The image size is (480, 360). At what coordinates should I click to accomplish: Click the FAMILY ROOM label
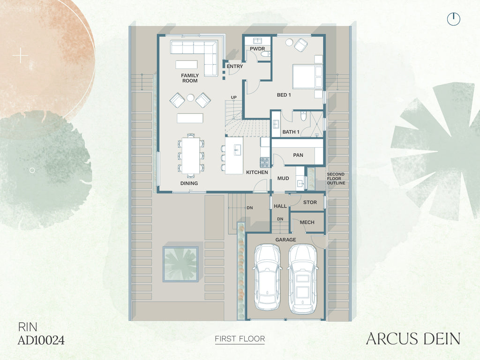pos(190,78)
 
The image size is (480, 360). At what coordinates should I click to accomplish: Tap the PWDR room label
pos(257,49)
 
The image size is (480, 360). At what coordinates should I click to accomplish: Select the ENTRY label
pos(234,66)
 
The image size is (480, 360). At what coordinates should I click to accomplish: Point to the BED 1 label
pos(284,95)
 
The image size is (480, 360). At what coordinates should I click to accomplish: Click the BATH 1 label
pos(291,132)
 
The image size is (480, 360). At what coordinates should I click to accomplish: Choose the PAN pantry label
pos(298,155)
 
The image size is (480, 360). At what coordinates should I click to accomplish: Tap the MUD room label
pos(283,178)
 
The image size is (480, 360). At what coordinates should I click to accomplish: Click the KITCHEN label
pos(257,172)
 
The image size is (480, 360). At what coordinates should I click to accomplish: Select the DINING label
pos(189,183)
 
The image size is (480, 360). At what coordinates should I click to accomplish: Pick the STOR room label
pos(310,202)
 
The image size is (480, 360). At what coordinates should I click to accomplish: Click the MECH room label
pos(307,222)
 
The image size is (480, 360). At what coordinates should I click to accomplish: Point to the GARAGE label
pos(285,240)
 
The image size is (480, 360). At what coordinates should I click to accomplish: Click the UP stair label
pos(233,97)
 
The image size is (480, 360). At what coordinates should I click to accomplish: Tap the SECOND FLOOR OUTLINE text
pos(336,179)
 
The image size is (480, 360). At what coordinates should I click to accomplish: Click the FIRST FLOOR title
pos(240,339)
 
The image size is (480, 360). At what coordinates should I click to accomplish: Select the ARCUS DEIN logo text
pos(413,338)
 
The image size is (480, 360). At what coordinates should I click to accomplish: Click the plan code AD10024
pos(41,340)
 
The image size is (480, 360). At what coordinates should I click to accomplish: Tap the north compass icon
pos(453,19)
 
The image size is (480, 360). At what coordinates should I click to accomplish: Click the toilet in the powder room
pos(265,54)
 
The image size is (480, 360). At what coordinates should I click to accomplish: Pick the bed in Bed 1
pos(307,76)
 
